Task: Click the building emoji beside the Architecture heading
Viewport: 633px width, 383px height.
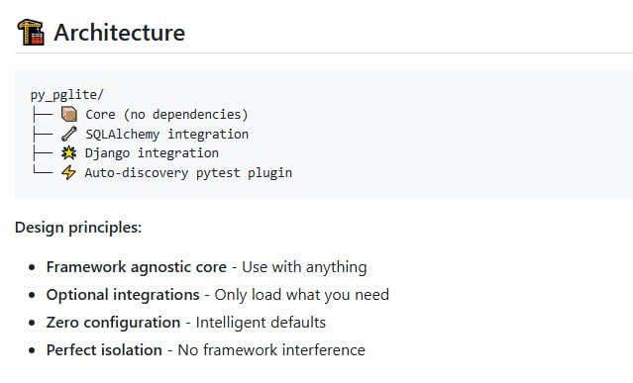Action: [x=31, y=32]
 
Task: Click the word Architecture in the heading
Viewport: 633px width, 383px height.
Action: [x=119, y=32]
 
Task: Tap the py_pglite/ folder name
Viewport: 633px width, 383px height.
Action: [x=67, y=95]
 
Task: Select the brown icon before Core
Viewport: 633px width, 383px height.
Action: [x=69, y=115]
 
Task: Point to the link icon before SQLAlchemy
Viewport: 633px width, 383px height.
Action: [x=69, y=134]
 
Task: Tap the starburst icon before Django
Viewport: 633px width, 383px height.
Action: [x=69, y=153]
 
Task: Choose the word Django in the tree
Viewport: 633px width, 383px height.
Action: [x=106, y=153]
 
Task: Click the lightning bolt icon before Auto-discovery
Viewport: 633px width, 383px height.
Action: [x=69, y=172]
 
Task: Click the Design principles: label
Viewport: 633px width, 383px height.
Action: [x=78, y=228]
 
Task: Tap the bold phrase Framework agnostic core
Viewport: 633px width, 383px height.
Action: [x=137, y=267]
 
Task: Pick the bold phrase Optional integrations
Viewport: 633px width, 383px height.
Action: [x=123, y=295]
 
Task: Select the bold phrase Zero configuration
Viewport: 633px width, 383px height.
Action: [x=113, y=323]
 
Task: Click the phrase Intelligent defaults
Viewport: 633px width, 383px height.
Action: [x=261, y=323]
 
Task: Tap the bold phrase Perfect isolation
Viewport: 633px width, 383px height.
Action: [x=104, y=350]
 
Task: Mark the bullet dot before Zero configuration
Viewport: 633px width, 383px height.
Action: [x=33, y=323]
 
